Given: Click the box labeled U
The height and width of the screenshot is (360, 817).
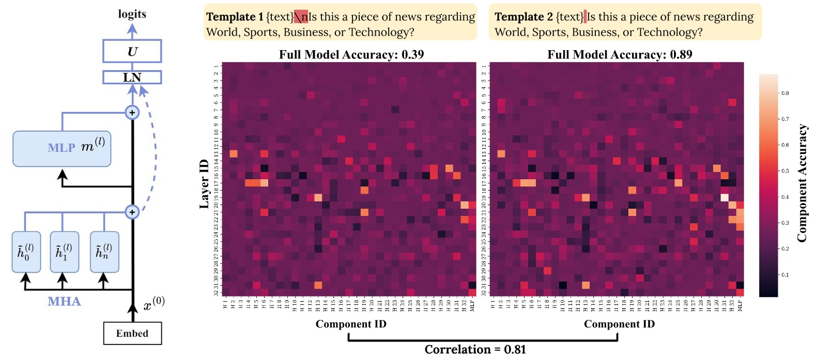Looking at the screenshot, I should point(132,52).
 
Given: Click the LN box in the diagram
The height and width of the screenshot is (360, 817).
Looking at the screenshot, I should point(132,77).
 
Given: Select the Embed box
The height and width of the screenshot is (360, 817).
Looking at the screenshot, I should point(132,333).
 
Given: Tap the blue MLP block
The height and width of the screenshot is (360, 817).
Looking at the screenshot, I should point(62,148).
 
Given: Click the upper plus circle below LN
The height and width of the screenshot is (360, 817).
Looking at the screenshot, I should point(132,113).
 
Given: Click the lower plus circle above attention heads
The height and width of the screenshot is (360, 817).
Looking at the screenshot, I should point(132,212).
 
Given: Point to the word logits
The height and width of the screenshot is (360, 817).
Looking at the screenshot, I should point(132,14).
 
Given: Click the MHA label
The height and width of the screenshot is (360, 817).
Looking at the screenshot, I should point(64,301).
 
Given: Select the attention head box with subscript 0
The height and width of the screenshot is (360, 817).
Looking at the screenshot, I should point(26,252).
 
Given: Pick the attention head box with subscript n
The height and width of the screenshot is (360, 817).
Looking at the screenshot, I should point(104,252).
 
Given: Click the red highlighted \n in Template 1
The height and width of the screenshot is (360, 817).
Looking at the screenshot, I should point(301,17).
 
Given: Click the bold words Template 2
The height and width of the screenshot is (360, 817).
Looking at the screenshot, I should point(523,17).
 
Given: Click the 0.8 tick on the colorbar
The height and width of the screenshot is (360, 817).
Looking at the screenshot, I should point(785,93).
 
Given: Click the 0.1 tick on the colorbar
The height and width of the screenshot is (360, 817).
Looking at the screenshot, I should point(785,275).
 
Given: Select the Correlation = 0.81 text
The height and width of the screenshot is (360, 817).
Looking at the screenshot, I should point(475,350).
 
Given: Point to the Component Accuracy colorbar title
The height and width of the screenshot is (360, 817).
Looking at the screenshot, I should point(801,183).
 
